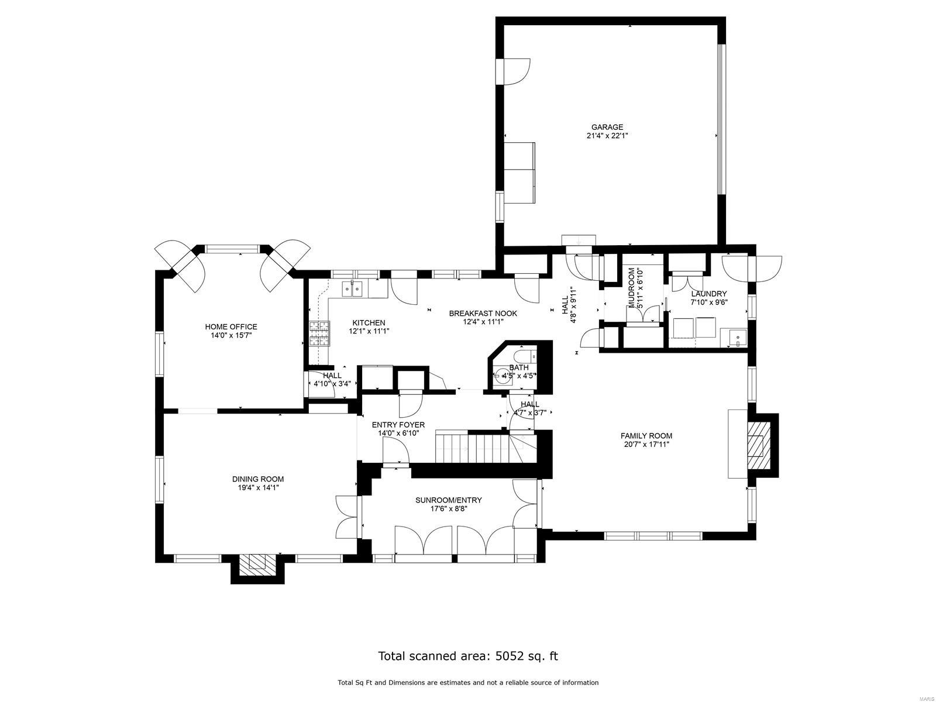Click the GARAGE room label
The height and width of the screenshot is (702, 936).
pos(607,127)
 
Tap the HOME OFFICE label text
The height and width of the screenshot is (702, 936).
pos(230,327)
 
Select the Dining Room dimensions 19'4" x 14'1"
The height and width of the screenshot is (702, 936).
pos(257,487)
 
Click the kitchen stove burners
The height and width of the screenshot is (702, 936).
pos(319,334)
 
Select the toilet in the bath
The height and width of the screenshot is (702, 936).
pos(524,355)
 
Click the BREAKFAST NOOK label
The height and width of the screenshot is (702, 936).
pos(483,314)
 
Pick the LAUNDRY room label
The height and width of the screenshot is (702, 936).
pos(708,294)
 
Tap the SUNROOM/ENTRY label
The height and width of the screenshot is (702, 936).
pos(448,500)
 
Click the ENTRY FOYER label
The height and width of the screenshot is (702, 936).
pos(398,425)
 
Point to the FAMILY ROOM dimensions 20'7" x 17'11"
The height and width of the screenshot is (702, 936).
pos(646,444)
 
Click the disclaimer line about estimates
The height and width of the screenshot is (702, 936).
pos(467,683)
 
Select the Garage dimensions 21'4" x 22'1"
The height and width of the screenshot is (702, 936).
pos(607,136)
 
